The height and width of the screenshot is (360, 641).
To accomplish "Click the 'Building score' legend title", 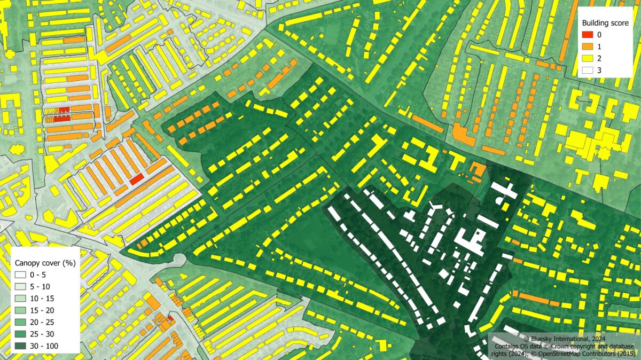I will (x=604, y=23).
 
